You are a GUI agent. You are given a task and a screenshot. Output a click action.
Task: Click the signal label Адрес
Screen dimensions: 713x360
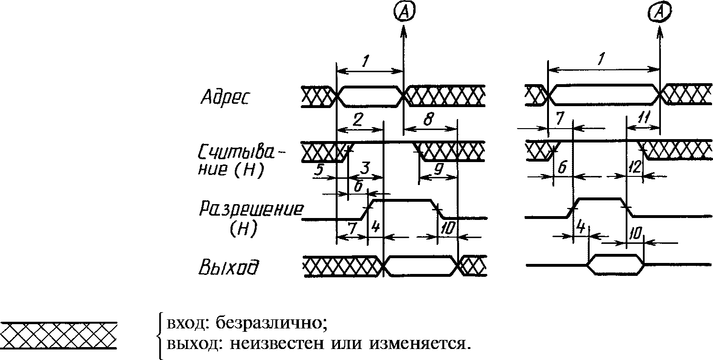click(225, 97)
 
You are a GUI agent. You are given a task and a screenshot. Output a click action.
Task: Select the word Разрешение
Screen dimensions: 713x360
click(251, 209)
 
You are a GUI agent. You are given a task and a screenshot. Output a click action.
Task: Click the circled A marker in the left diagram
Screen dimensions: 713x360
click(404, 12)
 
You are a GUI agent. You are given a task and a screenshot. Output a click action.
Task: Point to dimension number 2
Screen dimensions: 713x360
click(358, 120)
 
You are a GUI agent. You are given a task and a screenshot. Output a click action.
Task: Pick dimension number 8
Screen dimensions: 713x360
click(429, 119)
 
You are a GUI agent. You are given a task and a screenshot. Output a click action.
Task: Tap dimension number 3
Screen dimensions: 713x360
click(365, 167)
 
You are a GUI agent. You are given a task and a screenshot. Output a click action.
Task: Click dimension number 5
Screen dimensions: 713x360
click(318, 170)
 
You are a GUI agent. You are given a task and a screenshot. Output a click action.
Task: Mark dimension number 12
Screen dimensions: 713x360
click(635, 167)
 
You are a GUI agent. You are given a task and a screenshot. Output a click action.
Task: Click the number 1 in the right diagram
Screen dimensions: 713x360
click(601, 59)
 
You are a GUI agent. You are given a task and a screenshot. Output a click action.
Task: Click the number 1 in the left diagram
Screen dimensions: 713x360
click(365, 60)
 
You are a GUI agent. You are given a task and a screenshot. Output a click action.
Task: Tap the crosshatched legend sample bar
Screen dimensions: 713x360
click(58, 336)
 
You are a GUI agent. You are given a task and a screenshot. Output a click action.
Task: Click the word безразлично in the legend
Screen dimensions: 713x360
click(271, 323)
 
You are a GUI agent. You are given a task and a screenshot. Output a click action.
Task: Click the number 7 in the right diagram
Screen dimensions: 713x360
click(559, 119)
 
